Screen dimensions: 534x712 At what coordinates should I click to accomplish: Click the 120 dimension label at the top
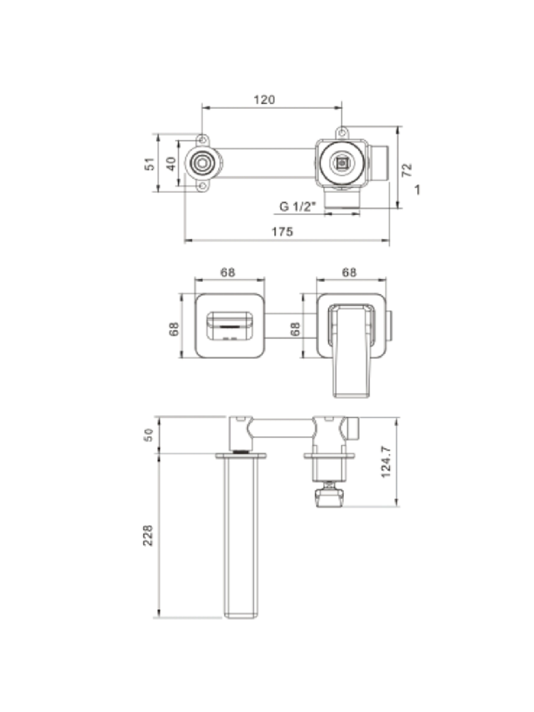click(x=264, y=100)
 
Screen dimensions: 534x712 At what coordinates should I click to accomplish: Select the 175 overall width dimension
click(x=283, y=231)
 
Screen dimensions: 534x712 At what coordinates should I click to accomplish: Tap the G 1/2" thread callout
click(x=298, y=206)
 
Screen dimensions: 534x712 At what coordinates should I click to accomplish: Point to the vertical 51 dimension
click(x=150, y=164)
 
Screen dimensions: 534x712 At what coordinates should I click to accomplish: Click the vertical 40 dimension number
click(x=171, y=164)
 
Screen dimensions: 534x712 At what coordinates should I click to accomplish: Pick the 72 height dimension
click(x=407, y=169)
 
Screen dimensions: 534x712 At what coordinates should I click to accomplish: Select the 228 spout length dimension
click(x=148, y=535)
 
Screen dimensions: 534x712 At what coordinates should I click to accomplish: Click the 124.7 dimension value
click(x=386, y=461)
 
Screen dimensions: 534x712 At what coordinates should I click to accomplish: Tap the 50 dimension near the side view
click(x=149, y=434)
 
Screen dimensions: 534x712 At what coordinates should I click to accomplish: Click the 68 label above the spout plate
click(x=228, y=273)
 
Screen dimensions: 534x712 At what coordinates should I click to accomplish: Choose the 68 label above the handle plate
click(x=349, y=273)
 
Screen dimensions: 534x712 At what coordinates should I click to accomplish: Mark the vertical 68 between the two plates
click(x=295, y=329)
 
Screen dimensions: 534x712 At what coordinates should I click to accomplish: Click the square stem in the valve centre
click(x=341, y=162)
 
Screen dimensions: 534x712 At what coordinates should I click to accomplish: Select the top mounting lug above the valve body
click(x=342, y=132)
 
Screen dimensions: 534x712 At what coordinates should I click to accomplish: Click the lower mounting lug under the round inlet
click(x=203, y=186)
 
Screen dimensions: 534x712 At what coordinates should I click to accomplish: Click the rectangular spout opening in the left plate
click(x=230, y=326)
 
